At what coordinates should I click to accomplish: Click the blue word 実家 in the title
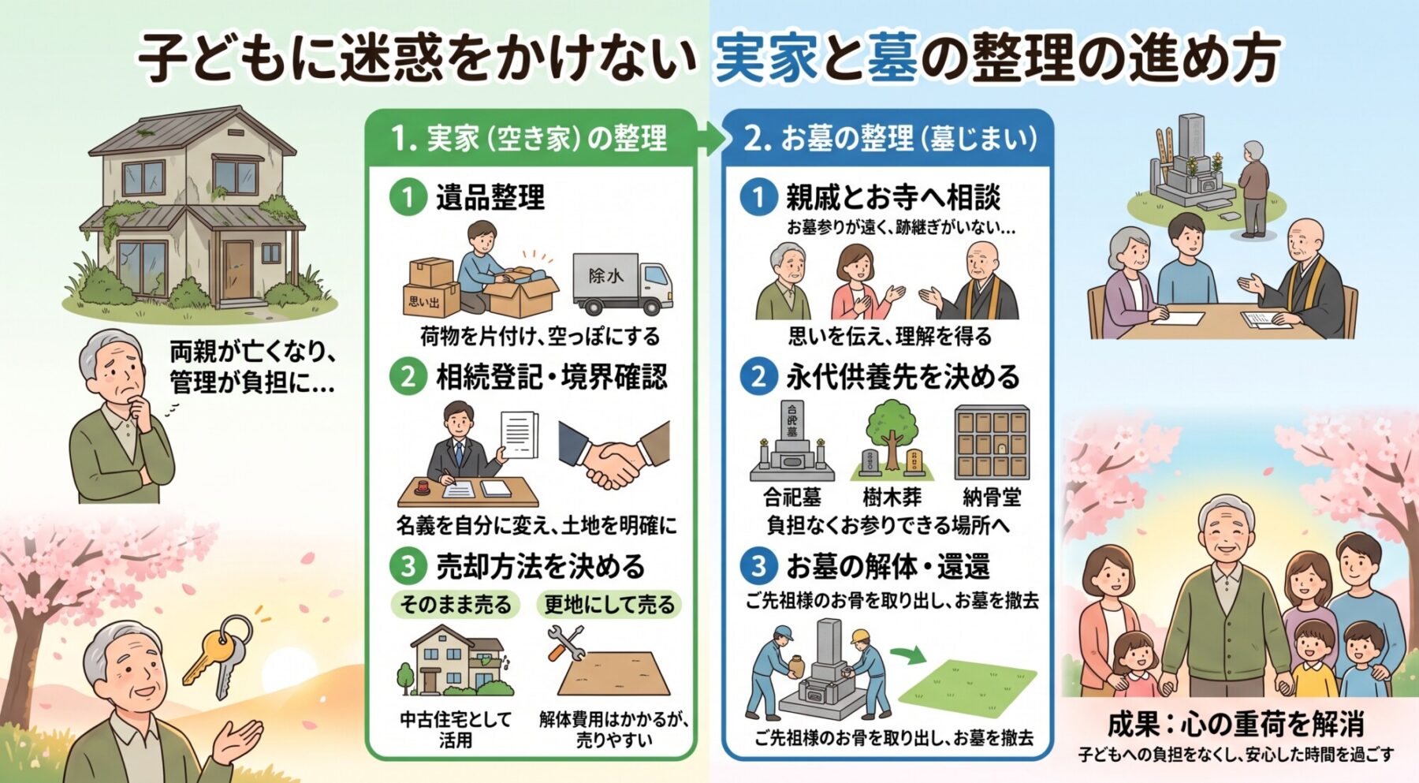click(765, 58)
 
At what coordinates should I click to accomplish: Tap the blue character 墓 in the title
click(892, 58)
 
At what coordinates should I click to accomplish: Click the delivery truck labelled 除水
click(622, 283)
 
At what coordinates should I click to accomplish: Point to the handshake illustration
click(613, 454)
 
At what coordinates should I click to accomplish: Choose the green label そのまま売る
click(456, 605)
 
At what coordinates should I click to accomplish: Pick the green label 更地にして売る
click(609, 605)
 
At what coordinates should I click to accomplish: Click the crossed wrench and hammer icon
click(565, 643)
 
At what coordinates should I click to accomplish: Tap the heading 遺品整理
click(490, 197)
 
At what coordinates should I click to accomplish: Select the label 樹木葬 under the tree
click(892, 498)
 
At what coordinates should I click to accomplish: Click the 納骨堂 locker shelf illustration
click(992, 443)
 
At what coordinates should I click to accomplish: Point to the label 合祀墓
click(792, 498)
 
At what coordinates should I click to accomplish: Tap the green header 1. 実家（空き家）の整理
click(529, 139)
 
